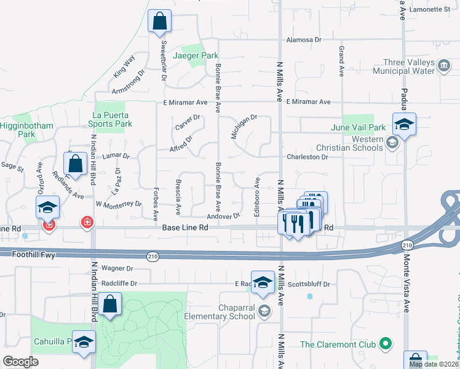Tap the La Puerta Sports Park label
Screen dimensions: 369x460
[112, 119]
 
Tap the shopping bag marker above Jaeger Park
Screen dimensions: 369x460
[159, 22]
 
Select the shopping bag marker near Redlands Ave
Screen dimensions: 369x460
[75, 164]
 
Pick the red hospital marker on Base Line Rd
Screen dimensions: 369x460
[87, 222]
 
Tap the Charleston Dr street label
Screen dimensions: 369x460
[307, 157]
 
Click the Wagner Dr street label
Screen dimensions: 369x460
[117, 268]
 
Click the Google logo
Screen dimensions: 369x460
[20, 362]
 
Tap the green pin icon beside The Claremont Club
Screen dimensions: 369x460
[386, 343]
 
